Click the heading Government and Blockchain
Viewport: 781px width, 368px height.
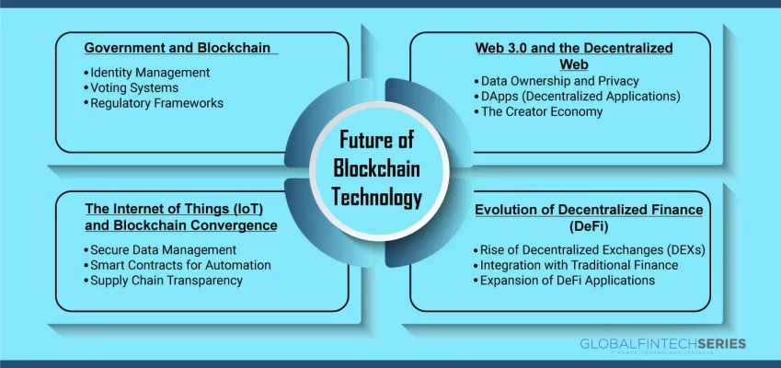178,48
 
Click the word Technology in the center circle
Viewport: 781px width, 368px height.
377,198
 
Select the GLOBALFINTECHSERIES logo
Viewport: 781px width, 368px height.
663,344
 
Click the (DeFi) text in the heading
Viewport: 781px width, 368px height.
589,226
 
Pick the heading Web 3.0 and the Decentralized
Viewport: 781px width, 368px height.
574,48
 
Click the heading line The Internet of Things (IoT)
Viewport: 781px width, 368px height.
174,208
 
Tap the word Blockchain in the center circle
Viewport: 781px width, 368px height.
376,168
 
